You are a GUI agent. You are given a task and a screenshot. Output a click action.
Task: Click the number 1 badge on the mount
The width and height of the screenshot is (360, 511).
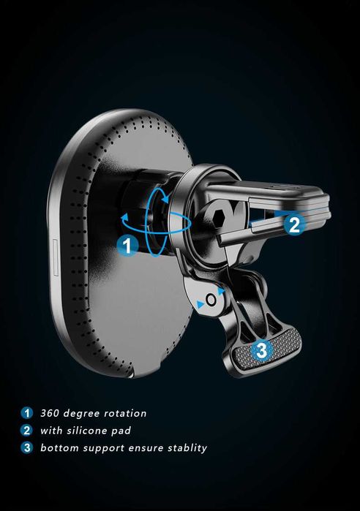tap(127, 246)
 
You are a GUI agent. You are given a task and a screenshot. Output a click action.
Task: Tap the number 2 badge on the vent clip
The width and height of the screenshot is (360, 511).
tap(294, 224)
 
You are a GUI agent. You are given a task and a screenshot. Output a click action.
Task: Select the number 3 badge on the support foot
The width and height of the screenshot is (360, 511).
tap(261, 351)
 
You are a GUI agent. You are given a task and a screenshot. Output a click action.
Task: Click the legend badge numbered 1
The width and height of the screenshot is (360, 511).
tap(27, 413)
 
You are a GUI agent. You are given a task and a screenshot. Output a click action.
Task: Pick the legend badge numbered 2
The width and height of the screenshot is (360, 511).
tap(27, 430)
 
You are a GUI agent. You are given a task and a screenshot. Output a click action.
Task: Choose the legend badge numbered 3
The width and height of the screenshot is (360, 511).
tap(27, 447)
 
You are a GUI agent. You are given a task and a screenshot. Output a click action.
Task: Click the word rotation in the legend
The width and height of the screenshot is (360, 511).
tap(125, 413)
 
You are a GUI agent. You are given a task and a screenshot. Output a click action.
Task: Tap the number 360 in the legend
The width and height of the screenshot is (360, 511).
tap(50, 413)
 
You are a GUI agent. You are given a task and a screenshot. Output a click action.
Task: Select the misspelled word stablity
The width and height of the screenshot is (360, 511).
tap(187, 448)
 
